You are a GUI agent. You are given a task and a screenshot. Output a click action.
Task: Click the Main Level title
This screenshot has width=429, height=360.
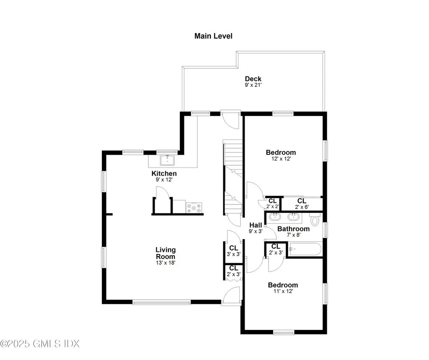(x=213, y=36)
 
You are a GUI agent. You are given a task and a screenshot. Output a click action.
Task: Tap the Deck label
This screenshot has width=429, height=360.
(x=253, y=79)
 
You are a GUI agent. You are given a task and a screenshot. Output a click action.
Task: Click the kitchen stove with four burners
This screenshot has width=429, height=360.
(x=194, y=207)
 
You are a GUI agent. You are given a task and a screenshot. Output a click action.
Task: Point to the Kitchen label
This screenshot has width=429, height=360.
(x=164, y=174)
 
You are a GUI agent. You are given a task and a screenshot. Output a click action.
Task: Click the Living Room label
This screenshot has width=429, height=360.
(x=165, y=253)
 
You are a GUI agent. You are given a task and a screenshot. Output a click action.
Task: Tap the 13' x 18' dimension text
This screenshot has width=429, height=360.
(x=165, y=263)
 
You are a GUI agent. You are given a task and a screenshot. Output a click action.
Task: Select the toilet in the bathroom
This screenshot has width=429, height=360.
(x=315, y=220)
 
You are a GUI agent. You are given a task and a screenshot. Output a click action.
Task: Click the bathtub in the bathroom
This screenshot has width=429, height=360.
(x=305, y=250)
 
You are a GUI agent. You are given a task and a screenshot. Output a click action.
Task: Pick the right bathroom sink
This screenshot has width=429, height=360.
(x=294, y=218)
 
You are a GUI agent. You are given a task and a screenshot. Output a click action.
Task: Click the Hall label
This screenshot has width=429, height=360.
(x=256, y=225)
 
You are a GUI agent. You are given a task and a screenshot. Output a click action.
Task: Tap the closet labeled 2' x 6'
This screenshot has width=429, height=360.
(x=302, y=203)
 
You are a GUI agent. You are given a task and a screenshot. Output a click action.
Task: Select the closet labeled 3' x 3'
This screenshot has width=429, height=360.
(x=233, y=251)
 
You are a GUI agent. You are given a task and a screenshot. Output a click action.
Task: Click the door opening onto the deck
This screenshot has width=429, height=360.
(x=230, y=120)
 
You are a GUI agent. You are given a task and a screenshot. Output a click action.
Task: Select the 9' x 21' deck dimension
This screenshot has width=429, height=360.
(x=253, y=85)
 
